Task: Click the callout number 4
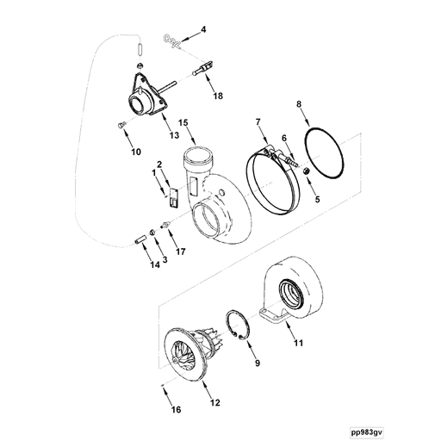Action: tap(204, 29)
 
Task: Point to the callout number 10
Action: tap(135, 152)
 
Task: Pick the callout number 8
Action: tap(299, 105)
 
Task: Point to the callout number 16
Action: tap(176, 409)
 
